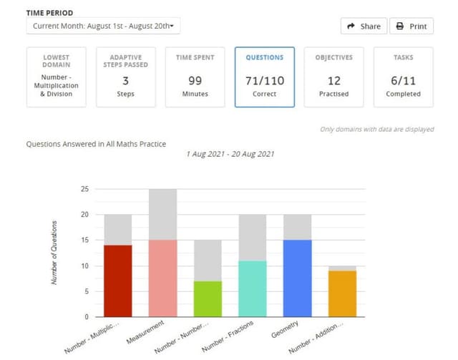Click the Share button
click(x=364, y=26)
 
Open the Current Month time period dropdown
click(x=104, y=26)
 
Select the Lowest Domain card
click(x=56, y=77)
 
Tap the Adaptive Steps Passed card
click(x=125, y=77)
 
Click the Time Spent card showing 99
click(x=195, y=77)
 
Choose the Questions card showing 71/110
click(x=264, y=77)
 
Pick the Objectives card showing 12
click(x=333, y=77)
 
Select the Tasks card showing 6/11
click(x=403, y=77)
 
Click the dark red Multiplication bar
click(x=118, y=281)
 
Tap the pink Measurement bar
click(x=162, y=278)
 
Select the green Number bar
click(x=208, y=298)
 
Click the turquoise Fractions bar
click(x=252, y=288)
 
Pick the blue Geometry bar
click(x=297, y=278)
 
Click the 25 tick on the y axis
click(x=85, y=189)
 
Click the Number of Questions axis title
click(x=54, y=253)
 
